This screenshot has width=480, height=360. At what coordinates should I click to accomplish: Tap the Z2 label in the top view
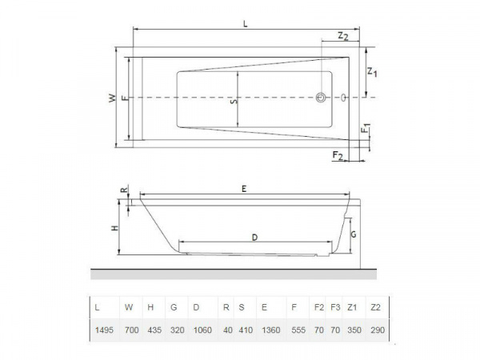[x=342, y=37]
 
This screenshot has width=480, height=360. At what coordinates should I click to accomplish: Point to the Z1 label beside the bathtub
[x=372, y=73]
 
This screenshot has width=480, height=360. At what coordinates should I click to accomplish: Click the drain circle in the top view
[x=321, y=98]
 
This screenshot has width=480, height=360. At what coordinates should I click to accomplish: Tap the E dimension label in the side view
[x=243, y=188]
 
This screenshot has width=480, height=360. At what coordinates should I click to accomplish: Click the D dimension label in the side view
[x=254, y=237]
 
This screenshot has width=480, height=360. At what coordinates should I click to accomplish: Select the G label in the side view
[x=353, y=235]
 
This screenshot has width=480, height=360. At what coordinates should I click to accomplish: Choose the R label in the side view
[x=122, y=190]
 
